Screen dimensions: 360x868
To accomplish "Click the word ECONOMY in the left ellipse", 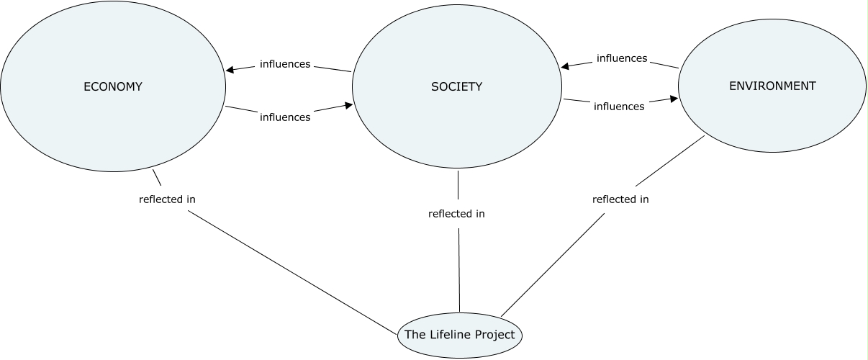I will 113,87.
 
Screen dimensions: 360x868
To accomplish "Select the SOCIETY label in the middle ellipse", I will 456,87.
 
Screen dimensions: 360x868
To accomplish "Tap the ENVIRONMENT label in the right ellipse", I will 772,86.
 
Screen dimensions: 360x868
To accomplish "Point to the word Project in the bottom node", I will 499,335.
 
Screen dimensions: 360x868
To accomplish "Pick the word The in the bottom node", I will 415,335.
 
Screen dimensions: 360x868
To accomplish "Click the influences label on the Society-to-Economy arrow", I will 284,64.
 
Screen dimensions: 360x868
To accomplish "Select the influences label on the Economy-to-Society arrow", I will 284,117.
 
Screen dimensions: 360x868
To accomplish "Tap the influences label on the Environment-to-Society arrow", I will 622,58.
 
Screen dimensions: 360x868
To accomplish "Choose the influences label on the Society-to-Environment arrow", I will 619,107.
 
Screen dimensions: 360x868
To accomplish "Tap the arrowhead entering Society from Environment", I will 566,66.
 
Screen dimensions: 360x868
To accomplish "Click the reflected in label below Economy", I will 167,199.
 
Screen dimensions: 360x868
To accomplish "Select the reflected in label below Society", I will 456,214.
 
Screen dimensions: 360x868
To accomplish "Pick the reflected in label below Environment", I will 620,199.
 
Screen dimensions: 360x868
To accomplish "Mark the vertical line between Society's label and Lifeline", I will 459,266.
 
